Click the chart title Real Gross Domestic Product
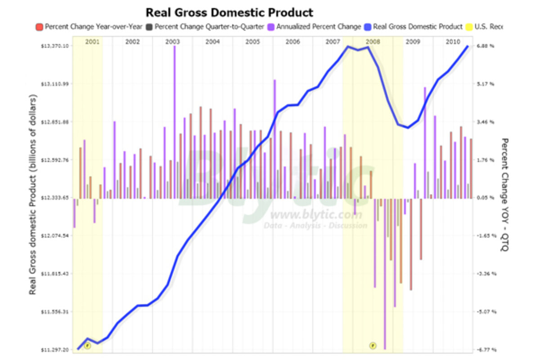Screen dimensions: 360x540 point(229,12)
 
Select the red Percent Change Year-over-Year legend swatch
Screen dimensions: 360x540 point(39,27)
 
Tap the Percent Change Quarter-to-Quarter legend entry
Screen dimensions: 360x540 point(209,27)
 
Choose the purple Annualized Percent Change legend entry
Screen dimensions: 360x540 point(318,27)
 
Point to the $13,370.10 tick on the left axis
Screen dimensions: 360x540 point(55,46)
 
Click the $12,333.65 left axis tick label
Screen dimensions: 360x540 point(55,198)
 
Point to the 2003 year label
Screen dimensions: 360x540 point(172,42)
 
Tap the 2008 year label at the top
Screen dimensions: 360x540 point(373,42)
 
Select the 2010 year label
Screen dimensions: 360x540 point(453,42)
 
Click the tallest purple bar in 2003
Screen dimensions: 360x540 point(174,121)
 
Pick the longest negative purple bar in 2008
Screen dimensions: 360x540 point(385,270)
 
